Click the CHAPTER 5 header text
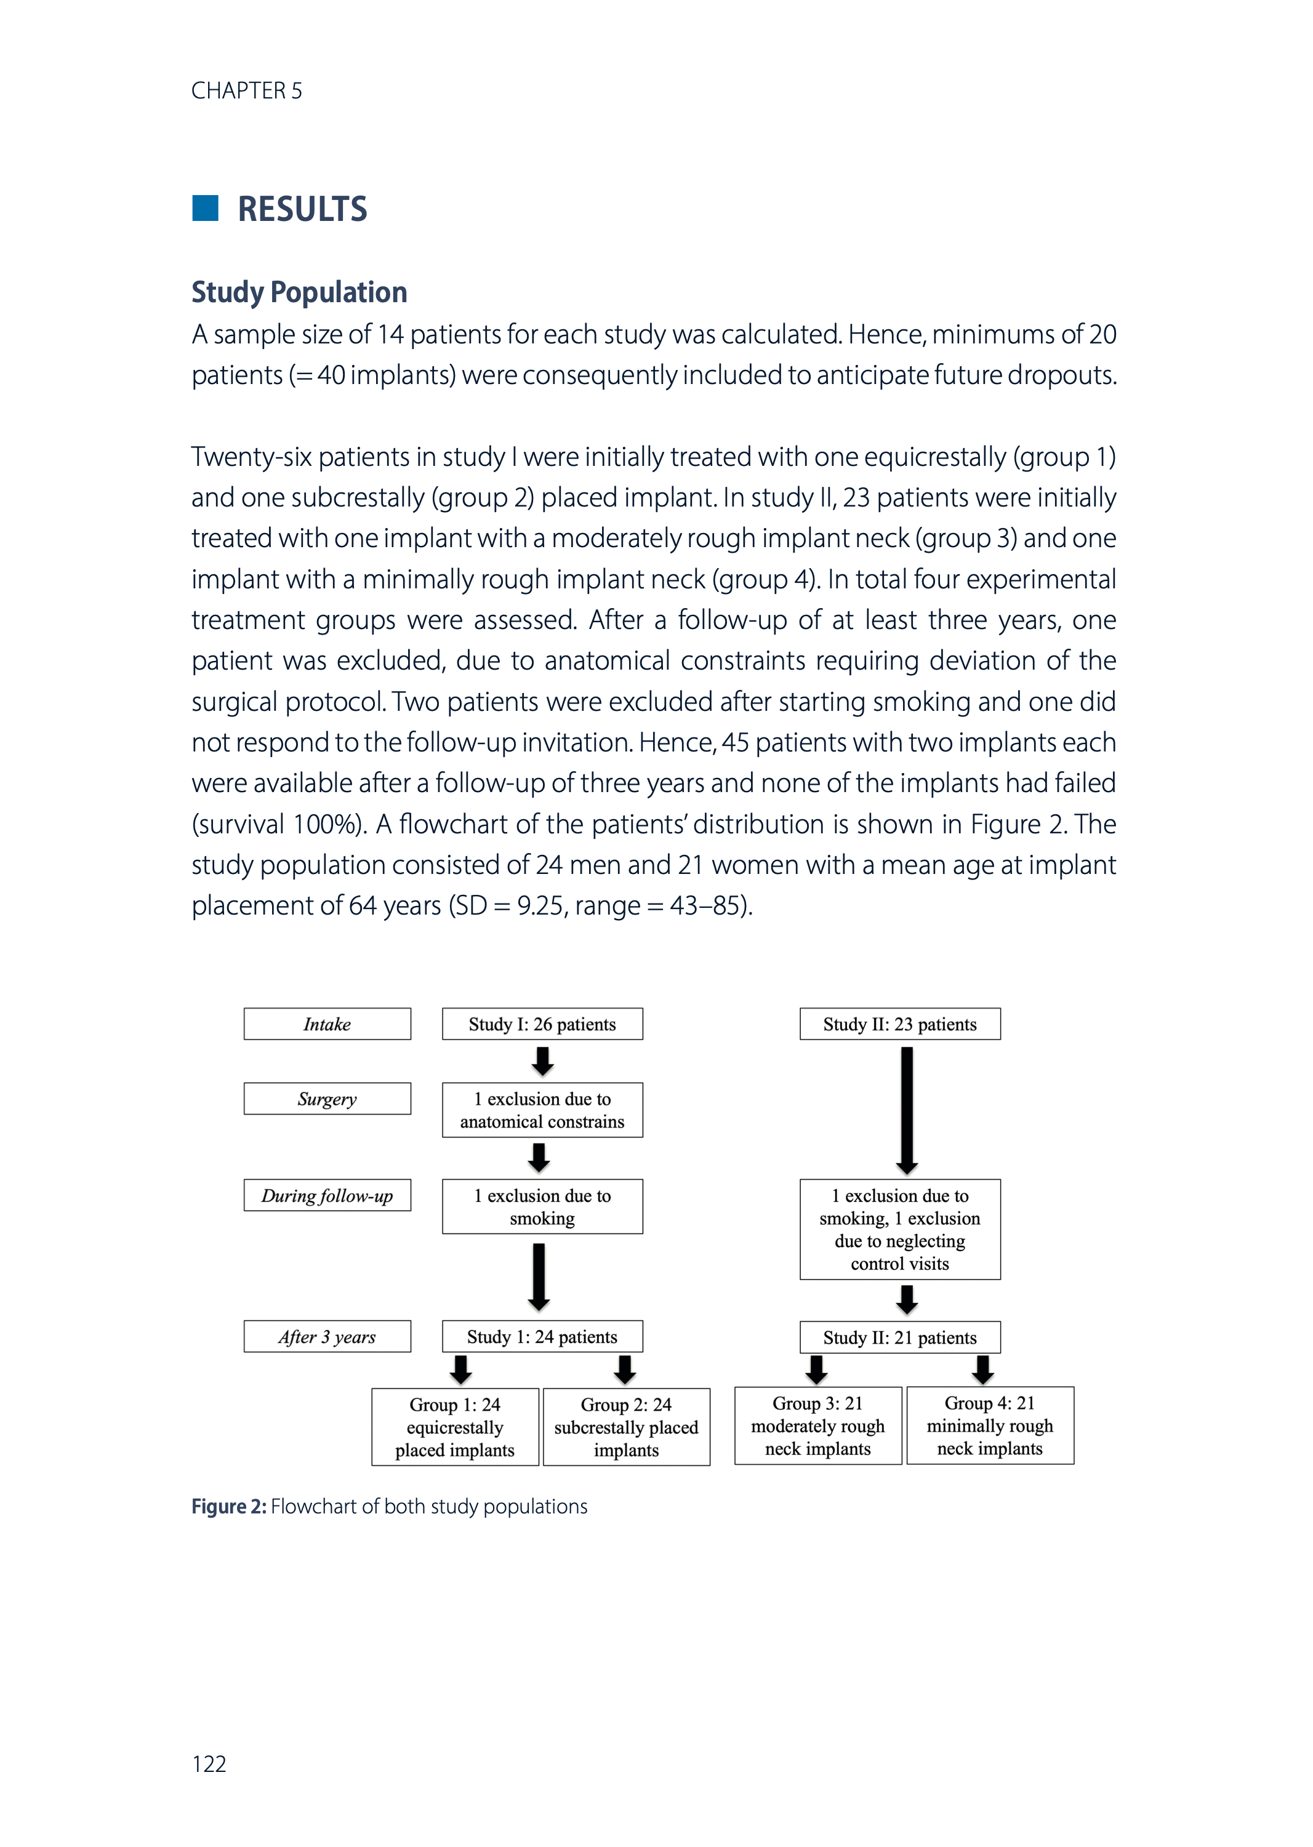pos(247,90)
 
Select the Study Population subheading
pos(299,292)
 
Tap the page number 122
pos(209,1764)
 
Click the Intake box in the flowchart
pos(327,1024)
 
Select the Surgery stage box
pos(327,1099)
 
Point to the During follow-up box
pos(327,1195)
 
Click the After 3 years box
pos(327,1336)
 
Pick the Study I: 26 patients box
pos(542,1024)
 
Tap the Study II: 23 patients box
pos(900,1024)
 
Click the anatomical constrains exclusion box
pos(542,1110)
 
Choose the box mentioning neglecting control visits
pos(900,1230)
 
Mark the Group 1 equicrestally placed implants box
pos(454,1427)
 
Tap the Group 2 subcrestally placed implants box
pos(627,1427)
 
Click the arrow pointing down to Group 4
pos(982,1369)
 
